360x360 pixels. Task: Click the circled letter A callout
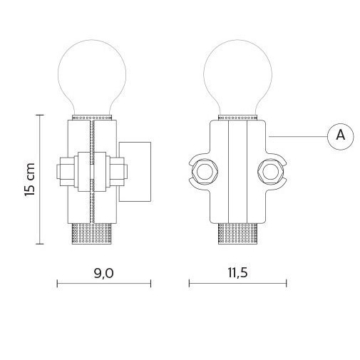coord(340,135)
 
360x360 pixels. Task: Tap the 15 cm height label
coord(29,179)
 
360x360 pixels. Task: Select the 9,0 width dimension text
coord(103,274)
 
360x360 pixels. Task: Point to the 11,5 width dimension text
coord(237,274)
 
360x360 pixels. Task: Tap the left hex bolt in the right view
coord(206,170)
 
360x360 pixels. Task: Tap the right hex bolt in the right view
coord(269,170)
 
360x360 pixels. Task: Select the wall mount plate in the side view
coord(135,170)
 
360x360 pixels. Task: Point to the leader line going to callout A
coord(297,135)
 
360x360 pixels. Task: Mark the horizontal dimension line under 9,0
coord(103,284)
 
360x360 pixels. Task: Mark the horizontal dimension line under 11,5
coord(237,284)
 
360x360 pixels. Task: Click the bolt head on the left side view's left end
coord(62,171)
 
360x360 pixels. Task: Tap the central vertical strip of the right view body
coord(238,171)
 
